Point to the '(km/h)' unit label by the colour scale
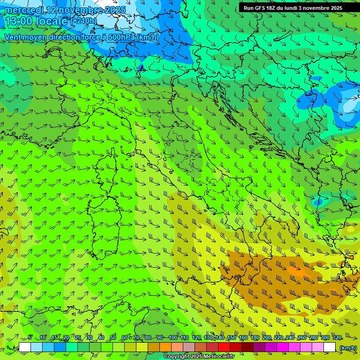pyautogui.click(x=348, y=348)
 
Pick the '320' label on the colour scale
pyautogui.click(x=337, y=338)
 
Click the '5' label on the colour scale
pyautogui.click(x=30, y=338)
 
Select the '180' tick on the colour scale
pyautogui.click(x=255, y=338)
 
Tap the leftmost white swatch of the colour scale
pyautogui.click(x=25, y=347)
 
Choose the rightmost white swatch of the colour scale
pyautogui.click(x=330, y=347)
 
